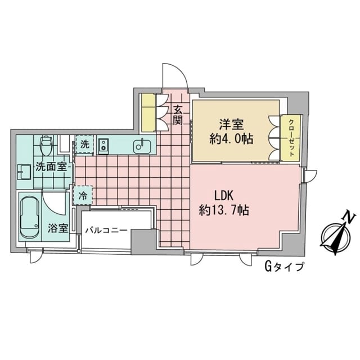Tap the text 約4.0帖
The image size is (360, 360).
(231, 139)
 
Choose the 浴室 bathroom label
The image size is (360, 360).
(58, 229)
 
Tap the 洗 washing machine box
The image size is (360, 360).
(84, 144)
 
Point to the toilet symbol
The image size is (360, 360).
(47, 145)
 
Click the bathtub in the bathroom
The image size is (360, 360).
(29, 217)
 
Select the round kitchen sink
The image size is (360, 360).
(141, 146)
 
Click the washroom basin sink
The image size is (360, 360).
(23, 172)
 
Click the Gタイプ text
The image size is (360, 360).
(283, 267)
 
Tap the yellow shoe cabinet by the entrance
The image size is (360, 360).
(148, 112)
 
